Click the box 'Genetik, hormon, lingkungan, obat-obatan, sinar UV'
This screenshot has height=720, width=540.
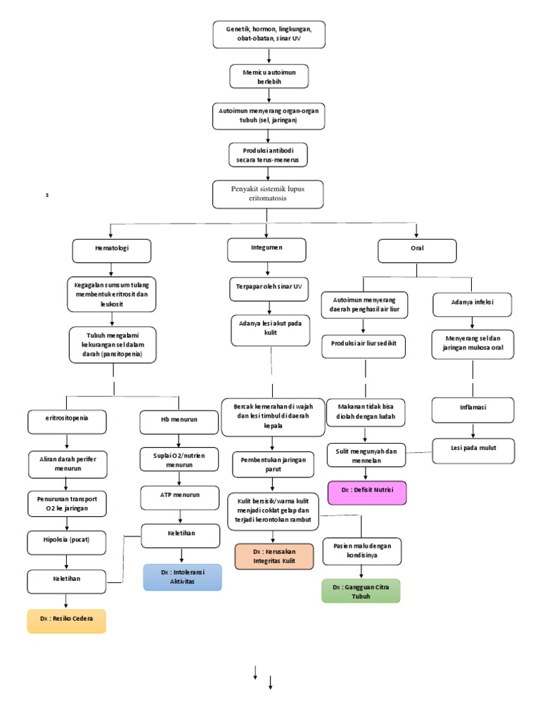click(x=269, y=34)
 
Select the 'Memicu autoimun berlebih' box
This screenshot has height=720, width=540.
click(x=269, y=76)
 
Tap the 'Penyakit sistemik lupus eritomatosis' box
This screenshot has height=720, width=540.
click(x=269, y=193)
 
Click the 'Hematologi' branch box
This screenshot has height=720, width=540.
click(x=112, y=250)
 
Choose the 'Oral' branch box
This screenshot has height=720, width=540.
click(x=417, y=250)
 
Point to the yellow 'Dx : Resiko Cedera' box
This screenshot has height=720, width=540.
click(x=67, y=621)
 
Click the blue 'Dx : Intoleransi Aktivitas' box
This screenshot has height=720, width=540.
click(x=182, y=577)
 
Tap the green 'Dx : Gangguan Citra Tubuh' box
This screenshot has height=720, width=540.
click(x=361, y=591)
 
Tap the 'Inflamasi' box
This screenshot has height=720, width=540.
click(x=472, y=409)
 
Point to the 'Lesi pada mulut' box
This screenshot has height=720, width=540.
click(x=472, y=451)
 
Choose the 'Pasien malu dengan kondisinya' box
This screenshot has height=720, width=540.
click(x=361, y=551)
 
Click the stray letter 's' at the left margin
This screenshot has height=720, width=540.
click(x=47, y=195)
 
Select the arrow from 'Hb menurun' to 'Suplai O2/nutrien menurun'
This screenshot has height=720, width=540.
click(x=180, y=440)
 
